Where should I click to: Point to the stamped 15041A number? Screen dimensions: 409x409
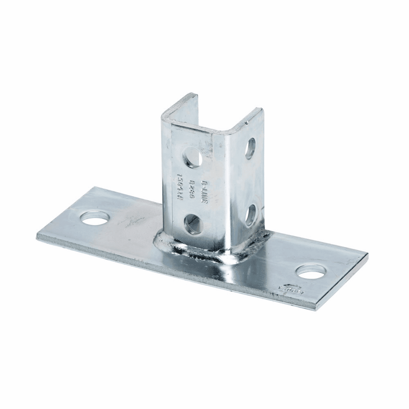tap(180, 183)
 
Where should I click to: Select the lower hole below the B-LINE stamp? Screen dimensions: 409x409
tap(193, 225)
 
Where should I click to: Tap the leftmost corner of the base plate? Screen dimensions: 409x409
tap(37, 236)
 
